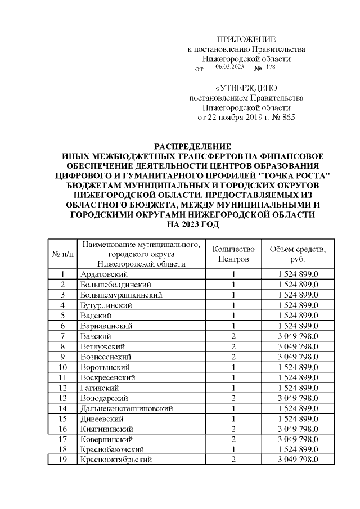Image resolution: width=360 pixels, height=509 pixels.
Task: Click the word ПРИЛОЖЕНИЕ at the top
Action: [x=246, y=39]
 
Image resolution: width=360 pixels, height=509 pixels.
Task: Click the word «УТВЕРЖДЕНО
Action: [x=246, y=88]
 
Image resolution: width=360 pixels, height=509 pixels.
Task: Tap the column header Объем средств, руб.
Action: [x=298, y=254]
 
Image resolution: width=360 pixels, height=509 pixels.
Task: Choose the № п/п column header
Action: [x=62, y=254]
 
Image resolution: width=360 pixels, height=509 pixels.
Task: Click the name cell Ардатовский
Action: [x=105, y=274]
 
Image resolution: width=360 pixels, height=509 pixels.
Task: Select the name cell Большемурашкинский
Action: [x=122, y=295]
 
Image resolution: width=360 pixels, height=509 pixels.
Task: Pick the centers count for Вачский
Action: [x=233, y=336]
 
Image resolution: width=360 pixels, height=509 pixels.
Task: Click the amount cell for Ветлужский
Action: [x=298, y=346]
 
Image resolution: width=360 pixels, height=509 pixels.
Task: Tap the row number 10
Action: [x=63, y=367]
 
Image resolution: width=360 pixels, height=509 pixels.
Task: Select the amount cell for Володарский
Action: [x=298, y=398]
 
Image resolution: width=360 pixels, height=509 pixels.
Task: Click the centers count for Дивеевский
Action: [x=233, y=418]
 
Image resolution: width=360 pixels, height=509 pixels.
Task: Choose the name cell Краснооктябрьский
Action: [x=117, y=460]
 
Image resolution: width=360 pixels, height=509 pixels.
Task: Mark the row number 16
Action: [x=63, y=429]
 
